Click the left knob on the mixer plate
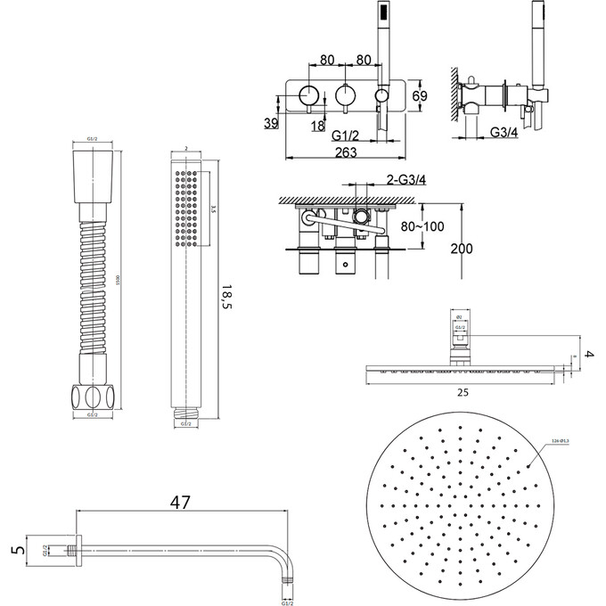[309, 93]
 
